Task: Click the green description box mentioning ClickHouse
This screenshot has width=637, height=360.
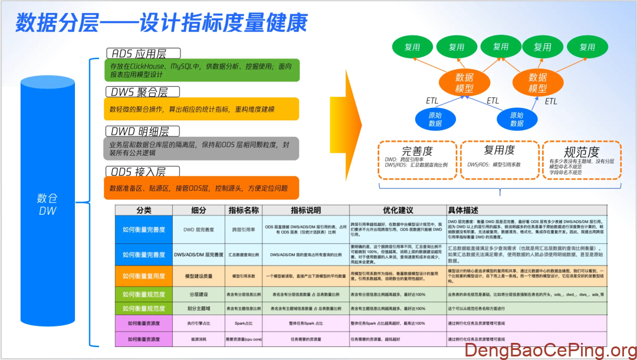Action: [201, 70]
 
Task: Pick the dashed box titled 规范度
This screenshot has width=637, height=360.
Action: [581, 159]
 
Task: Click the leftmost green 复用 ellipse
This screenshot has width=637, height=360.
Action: [412, 47]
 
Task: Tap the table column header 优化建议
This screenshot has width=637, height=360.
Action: [398, 210]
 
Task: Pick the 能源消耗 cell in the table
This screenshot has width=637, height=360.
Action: [198, 339]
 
